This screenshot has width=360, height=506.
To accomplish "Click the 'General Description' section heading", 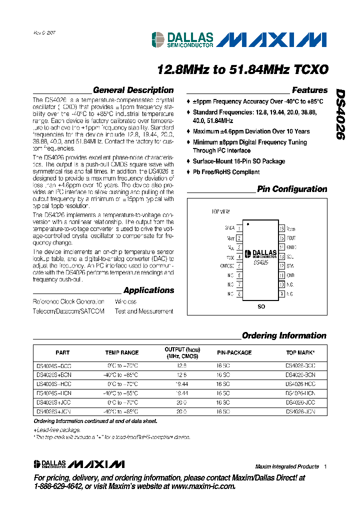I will tap(133, 90).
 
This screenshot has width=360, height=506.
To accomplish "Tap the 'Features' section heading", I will tap(309, 90).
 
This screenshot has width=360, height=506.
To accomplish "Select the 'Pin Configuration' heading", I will tap(292, 189).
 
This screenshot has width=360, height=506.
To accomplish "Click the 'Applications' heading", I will tap(149, 290).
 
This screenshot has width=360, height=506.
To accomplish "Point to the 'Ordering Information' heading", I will tap(284, 335).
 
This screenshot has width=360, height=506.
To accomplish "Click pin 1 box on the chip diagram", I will tap(239, 227).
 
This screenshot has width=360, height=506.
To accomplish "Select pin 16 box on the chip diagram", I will tap(282, 227).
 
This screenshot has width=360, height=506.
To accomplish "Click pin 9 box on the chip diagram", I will tap(282, 294).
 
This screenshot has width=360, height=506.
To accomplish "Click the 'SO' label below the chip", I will tap(261, 306).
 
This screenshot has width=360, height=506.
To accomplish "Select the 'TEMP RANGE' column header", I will tap(122, 353).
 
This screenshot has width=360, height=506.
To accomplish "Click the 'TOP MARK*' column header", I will tap(299, 353).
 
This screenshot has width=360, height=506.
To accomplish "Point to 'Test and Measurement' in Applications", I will tap(144, 311).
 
